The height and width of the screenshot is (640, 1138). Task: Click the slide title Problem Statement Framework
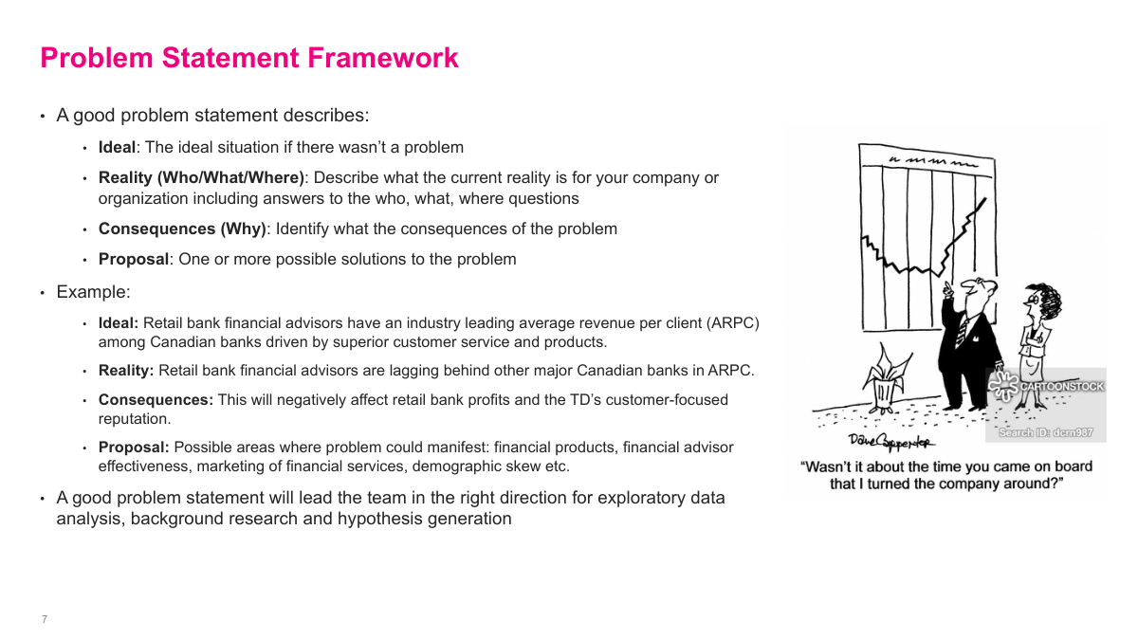(249, 58)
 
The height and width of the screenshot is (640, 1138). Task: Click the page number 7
(45, 619)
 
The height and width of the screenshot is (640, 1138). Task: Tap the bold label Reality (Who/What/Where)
(201, 177)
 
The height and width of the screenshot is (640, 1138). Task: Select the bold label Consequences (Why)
(182, 229)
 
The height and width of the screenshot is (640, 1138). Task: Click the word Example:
(93, 292)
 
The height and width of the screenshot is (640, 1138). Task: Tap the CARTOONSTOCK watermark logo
(1047, 385)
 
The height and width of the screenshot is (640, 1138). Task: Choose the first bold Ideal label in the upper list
(117, 147)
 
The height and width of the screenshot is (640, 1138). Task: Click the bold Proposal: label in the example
(134, 448)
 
